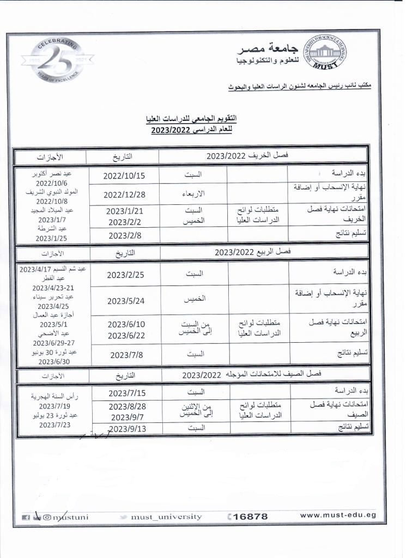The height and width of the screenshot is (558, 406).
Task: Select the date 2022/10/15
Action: [x=124, y=175]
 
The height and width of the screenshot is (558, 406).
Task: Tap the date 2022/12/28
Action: [x=124, y=195]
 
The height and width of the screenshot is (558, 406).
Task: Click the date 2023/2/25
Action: [x=126, y=275]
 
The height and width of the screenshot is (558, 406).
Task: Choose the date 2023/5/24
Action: [x=126, y=301]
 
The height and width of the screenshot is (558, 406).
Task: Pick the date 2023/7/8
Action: [x=126, y=354]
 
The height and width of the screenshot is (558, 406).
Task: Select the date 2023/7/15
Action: [x=126, y=392]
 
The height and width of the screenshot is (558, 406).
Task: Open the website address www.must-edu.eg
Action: [x=338, y=515]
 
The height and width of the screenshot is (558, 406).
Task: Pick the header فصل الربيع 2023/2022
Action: [x=252, y=252]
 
